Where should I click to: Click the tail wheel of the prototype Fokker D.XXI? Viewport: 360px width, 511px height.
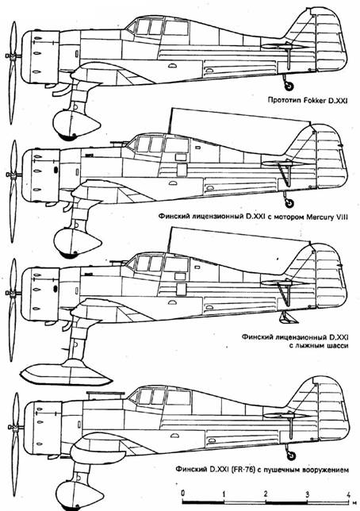pos(289,86)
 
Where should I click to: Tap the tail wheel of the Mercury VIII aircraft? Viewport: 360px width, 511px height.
pos(289,203)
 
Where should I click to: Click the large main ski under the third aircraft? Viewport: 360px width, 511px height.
pos(66,372)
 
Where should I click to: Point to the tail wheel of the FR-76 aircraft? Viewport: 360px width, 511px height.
pos(291,456)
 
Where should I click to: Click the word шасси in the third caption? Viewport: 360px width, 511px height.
pos(337,346)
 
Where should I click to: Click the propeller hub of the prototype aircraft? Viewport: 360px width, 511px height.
pos(13,56)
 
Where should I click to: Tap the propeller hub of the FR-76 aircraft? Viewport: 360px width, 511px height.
pos(14,427)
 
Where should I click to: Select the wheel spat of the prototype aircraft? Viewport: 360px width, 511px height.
pos(77,125)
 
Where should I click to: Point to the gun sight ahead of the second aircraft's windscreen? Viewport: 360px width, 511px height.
pos(117,143)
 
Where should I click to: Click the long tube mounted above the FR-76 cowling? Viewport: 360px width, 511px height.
pos(105,394)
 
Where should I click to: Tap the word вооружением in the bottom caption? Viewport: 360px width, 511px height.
pos(325,471)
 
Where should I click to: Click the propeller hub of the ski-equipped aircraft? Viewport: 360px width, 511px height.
pos(13,294)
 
